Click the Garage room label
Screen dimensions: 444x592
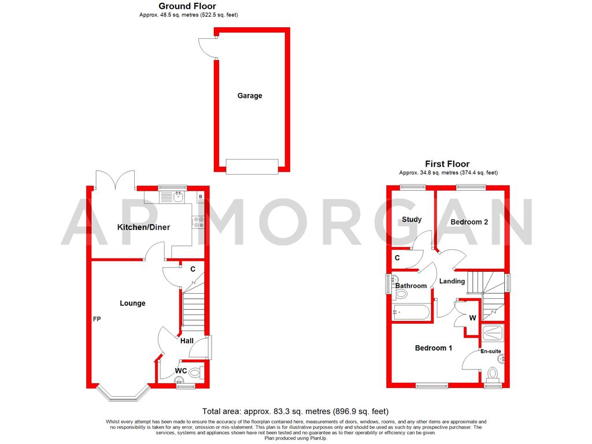tap(250, 95)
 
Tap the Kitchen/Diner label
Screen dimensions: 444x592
tap(143, 227)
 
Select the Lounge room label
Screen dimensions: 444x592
tap(132, 303)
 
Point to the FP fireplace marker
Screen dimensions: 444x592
tap(97, 319)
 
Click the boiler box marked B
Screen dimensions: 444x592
tap(200, 197)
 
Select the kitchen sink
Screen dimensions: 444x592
tap(175, 197)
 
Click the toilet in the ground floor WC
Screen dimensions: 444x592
tap(195, 371)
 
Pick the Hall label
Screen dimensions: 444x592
tap(187, 341)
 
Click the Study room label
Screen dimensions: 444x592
tap(412, 220)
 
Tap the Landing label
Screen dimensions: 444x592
tap(452, 282)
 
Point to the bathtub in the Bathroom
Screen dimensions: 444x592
tap(410, 313)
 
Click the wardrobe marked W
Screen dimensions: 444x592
tap(472, 317)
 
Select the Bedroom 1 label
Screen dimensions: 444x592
tap(434, 348)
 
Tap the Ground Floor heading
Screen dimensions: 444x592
tap(187, 6)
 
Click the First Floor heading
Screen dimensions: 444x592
tap(447, 164)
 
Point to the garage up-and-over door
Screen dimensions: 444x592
tap(251, 166)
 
